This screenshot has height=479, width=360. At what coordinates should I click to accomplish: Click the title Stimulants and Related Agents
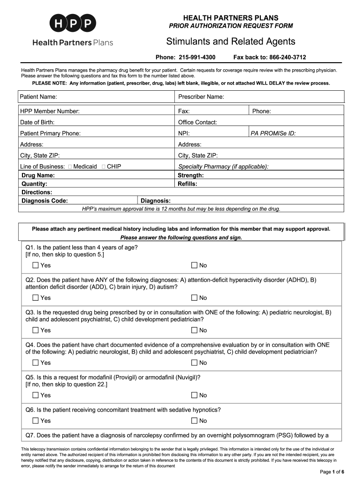(x=230, y=42)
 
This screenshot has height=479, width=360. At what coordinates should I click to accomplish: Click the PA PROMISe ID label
(x=273, y=133)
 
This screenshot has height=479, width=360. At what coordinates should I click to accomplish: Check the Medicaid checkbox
(x=70, y=167)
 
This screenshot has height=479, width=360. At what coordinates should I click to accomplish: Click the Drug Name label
(x=38, y=175)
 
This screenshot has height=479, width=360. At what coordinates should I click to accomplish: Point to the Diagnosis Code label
(x=45, y=201)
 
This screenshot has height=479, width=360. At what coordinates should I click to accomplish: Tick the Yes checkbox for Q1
(x=36, y=265)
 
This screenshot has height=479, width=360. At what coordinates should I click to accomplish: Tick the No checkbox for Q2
(x=194, y=298)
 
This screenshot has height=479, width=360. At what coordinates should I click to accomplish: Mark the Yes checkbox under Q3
(x=36, y=330)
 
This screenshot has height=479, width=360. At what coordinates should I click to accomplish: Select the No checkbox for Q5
(x=194, y=395)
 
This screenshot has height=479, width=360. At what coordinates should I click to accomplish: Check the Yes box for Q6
(x=36, y=421)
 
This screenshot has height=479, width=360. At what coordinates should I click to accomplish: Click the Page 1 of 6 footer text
(x=332, y=472)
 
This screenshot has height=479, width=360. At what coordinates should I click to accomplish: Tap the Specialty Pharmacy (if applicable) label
(x=223, y=167)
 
